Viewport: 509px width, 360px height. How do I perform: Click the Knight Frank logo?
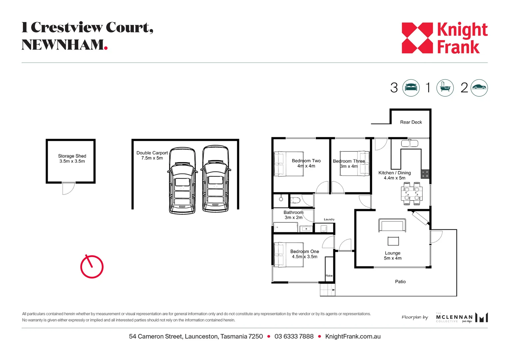pos(444,38)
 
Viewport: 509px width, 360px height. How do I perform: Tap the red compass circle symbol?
pos(92,267)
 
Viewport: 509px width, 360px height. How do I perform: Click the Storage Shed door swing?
pos(68,188)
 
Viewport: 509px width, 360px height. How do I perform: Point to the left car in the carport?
pos(182,180)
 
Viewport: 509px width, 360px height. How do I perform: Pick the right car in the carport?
pos(216,179)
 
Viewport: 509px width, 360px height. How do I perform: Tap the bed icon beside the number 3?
pos(411,88)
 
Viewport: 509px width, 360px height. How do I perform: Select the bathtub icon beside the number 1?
pos(445,88)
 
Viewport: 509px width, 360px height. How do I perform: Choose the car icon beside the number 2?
pos(479,88)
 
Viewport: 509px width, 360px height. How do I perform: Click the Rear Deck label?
pos(411,122)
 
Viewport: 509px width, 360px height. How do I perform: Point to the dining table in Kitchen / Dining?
pos(412,194)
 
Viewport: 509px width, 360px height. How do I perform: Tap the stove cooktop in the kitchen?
pos(425,174)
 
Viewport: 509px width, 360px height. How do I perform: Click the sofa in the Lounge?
pos(392,225)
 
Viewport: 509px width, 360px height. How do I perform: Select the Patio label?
pos(400,282)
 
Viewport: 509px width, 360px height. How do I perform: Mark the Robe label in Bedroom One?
pos(329,276)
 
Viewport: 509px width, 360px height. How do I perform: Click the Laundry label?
pos(329,219)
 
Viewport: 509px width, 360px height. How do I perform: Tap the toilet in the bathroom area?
pos(295,200)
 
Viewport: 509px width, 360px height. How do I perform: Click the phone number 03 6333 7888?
pos(294,337)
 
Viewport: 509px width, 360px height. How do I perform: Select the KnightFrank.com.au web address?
pos(353,337)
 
